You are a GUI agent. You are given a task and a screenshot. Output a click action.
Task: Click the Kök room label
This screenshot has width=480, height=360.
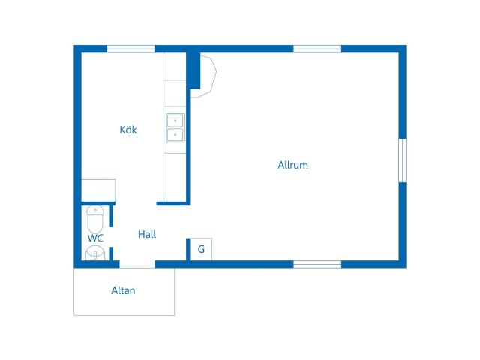(128, 130)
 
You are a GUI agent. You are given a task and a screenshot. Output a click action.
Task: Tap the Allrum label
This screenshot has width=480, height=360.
(293, 165)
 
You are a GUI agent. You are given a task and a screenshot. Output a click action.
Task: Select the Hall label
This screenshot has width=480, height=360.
(147, 234)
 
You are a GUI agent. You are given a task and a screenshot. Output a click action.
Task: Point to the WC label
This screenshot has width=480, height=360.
(95, 238)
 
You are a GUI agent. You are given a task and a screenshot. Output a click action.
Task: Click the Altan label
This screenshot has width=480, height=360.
(123, 290)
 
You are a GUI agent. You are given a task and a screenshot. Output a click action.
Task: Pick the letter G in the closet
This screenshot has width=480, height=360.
(201, 249)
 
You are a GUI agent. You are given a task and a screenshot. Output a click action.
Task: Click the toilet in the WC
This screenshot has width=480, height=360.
(95, 219)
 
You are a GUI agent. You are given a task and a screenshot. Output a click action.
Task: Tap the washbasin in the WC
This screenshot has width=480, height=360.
(95, 253)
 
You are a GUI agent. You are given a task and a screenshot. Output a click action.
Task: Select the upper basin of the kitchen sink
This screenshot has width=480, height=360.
(175, 121)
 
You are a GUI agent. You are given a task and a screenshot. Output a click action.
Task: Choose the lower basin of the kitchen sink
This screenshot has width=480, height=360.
(175, 135)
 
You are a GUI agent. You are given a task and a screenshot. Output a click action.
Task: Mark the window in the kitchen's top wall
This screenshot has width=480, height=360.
(130, 49)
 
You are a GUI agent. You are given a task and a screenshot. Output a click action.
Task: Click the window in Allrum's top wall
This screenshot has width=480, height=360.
(317, 49)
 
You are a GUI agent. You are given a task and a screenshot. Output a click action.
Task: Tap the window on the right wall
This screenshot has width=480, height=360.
(403, 160)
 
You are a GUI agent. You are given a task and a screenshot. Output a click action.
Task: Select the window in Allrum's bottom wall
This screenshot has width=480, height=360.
(317, 264)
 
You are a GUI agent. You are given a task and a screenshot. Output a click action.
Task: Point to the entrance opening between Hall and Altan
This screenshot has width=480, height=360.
(137, 264)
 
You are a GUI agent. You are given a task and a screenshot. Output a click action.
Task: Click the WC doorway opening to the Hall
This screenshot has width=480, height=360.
(111, 237)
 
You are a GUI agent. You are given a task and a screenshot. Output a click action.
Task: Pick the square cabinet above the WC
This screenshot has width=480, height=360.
(98, 190)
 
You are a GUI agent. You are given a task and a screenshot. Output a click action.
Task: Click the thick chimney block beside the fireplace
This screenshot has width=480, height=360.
(193, 70)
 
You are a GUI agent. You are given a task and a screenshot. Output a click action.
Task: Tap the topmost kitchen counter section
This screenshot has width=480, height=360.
(175, 66)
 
